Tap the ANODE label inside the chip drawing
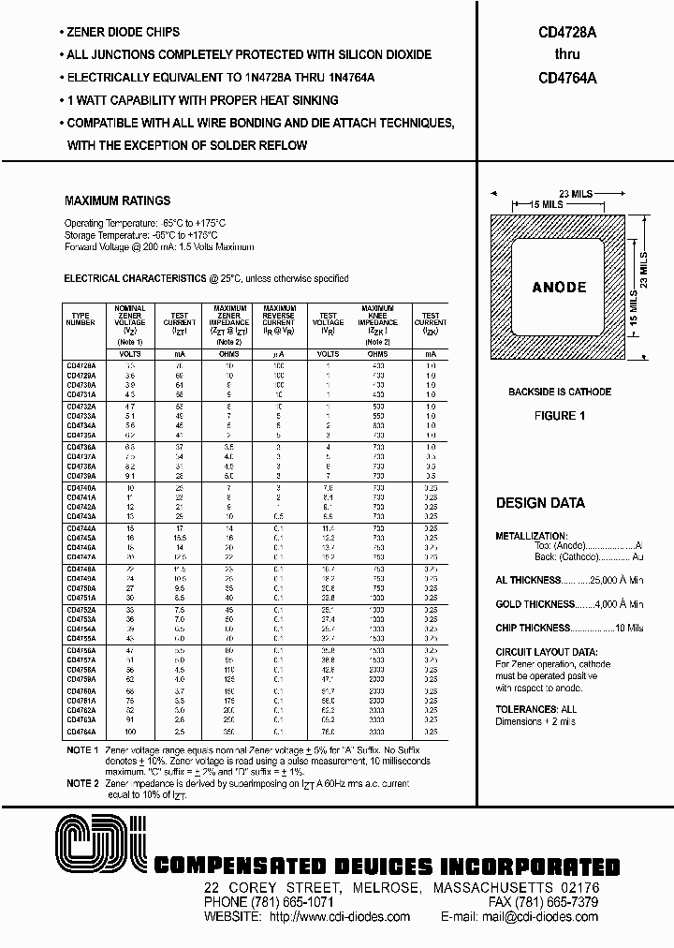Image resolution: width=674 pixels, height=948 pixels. coord(559,288)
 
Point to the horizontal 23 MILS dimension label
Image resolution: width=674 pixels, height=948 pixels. coord(568,192)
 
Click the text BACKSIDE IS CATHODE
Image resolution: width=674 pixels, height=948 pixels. coord(560,392)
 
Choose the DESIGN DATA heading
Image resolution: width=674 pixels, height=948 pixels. coord(540,503)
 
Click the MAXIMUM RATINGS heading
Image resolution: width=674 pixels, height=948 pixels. coord(117,200)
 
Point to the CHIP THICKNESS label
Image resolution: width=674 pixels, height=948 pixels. coord(533,628)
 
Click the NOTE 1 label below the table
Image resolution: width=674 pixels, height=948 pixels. coord(81,751)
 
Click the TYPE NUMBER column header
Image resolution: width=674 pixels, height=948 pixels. coord(81,318)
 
